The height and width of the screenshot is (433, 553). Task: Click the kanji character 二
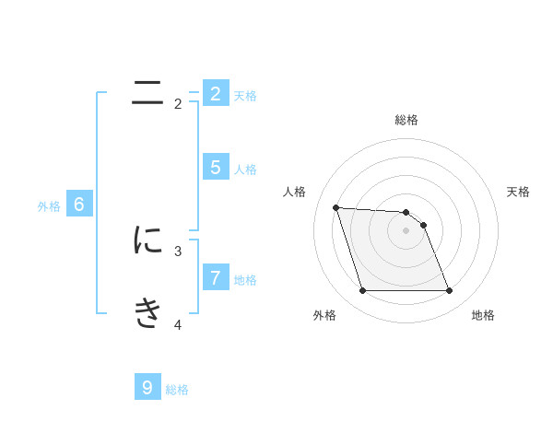click(x=147, y=92)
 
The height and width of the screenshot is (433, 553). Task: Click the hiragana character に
click(x=147, y=240)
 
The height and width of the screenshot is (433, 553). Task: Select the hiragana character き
click(x=147, y=313)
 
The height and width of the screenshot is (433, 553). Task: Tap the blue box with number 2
click(x=215, y=93)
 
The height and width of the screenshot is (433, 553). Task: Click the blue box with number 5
click(x=215, y=167)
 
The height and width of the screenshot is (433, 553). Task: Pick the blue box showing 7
click(x=215, y=276)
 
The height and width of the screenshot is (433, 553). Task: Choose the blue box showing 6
click(x=79, y=205)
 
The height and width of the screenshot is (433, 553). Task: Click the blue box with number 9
click(x=147, y=387)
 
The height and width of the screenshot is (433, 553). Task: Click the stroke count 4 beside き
click(x=178, y=324)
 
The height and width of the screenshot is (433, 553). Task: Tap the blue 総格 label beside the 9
click(x=177, y=390)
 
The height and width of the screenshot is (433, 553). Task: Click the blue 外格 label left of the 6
click(x=49, y=207)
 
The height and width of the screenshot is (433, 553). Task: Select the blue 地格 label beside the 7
click(x=245, y=280)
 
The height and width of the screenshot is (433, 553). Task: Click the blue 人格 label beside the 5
click(x=245, y=170)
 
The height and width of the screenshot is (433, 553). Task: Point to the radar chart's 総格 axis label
click(x=406, y=120)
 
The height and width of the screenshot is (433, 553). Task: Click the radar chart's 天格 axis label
click(x=518, y=192)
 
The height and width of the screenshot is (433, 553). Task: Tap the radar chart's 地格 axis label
click(x=483, y=315)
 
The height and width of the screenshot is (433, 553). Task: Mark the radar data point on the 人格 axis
click(x=335, y=207)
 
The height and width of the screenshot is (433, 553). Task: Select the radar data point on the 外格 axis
click(x=362, y=291)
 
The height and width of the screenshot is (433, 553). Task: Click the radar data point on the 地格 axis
click(x=449, y=291)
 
